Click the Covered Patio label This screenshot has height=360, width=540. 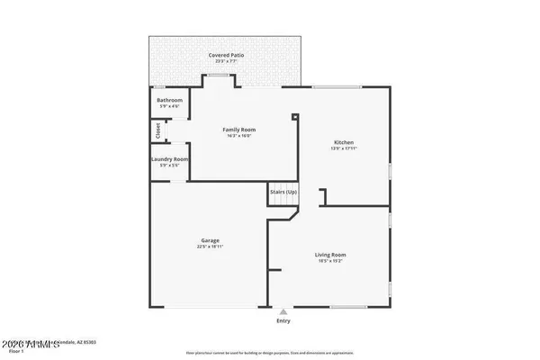[227, 55]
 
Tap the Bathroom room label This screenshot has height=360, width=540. [169, 99]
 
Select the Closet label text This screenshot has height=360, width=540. [157, 131]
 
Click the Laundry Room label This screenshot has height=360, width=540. [169, 159]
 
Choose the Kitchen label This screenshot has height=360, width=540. [344, 142]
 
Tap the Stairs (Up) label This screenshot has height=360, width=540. [283, 193]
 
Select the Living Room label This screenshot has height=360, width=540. [330, 255]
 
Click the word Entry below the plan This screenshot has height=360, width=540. [283, 320]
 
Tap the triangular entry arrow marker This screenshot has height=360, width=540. [283, 311]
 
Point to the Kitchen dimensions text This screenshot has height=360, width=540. [344, 148]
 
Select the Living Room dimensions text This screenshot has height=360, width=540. [330, 261]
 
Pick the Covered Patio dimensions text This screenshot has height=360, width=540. [227, 61]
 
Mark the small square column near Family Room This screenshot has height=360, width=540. [295, 115]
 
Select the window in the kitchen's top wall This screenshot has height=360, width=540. [337, 87]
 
